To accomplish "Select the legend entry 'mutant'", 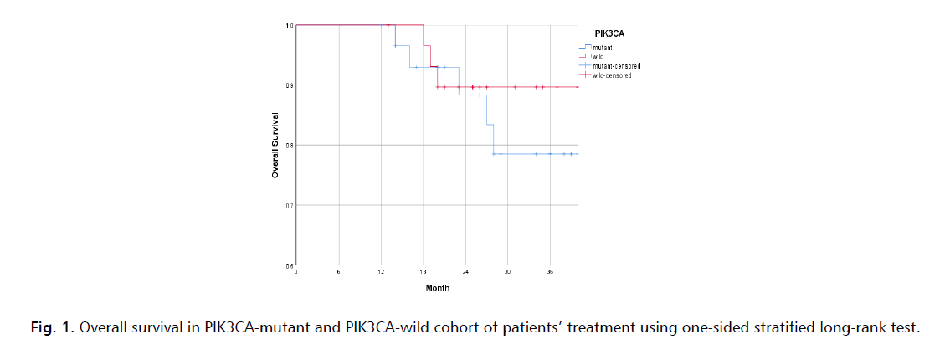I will (x=602, y=48).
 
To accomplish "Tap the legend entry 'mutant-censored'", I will (x=615, y=66).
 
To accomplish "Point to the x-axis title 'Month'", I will (x=437, y=288).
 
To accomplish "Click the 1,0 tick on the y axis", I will (x=288, y=25).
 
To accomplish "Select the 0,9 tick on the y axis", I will (x=288, y=85).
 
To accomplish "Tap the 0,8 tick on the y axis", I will (x=288, y=146).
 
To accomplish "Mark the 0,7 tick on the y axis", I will (x=288, y=206).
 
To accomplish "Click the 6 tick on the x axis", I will (x=339, y=273).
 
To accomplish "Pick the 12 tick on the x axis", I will (x=381, y=273).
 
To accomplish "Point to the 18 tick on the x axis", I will (x=424, y=273).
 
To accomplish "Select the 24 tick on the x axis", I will (x=465, y=273).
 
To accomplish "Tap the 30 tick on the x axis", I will (x=508, y=273).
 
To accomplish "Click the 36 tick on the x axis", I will (x=550, y=273).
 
